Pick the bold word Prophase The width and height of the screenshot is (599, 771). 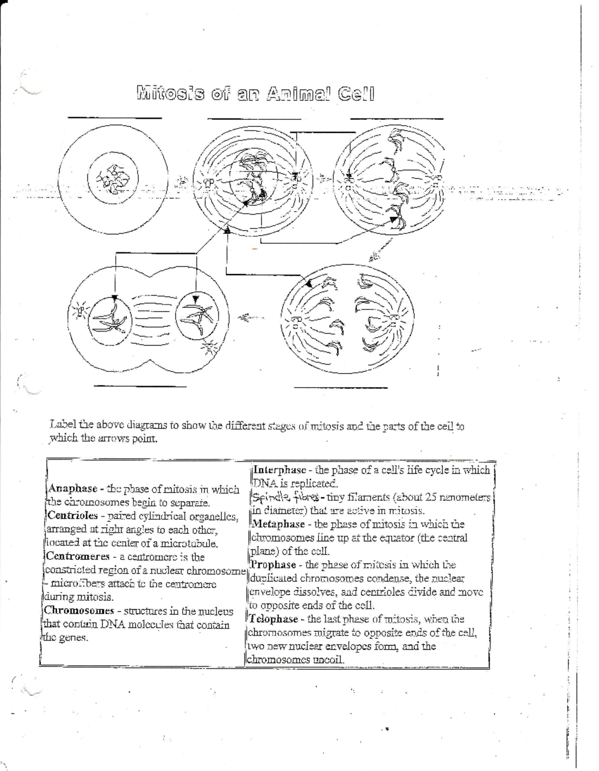pos(274,565)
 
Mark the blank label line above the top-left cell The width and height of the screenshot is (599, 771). pos(115,118)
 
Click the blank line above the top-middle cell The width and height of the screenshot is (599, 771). pos(254,119)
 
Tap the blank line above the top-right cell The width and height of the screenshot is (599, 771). pos(397,119)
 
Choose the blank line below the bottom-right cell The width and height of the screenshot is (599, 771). pos(341,387)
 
